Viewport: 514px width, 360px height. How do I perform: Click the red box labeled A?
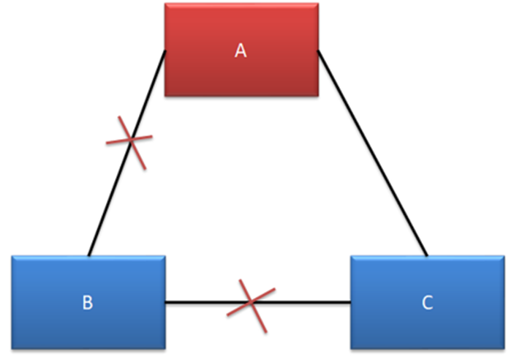[241, 50]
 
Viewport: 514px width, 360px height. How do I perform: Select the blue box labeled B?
[88, 302]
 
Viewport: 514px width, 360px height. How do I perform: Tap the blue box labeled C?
[428, 302]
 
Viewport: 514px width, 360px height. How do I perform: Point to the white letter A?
[241, 51]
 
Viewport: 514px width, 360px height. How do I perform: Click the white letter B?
[88, 303]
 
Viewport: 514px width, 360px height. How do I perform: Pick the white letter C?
[428, 303]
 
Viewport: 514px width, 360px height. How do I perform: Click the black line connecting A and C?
[373, 153]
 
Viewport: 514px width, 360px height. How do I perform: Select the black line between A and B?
[127, 153]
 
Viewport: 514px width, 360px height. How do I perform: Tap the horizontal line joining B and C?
[258, 302]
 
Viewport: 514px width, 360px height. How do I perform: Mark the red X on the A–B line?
[130, 140]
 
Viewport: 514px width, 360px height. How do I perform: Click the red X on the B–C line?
[251, 302]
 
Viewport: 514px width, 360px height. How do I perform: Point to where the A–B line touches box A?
[165, 51]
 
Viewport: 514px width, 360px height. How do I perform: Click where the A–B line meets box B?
[88, 256]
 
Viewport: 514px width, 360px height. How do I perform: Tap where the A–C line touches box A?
[318, 51]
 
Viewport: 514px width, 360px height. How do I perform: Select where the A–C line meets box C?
[427, 256]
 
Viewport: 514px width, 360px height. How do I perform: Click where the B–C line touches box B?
[165, 302]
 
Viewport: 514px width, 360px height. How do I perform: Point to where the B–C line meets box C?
[351, 302]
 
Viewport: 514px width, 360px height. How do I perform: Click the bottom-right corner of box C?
[504, 349]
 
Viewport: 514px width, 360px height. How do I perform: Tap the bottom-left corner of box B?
[12, 349]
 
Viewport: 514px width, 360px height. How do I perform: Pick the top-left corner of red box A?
[165, 3]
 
